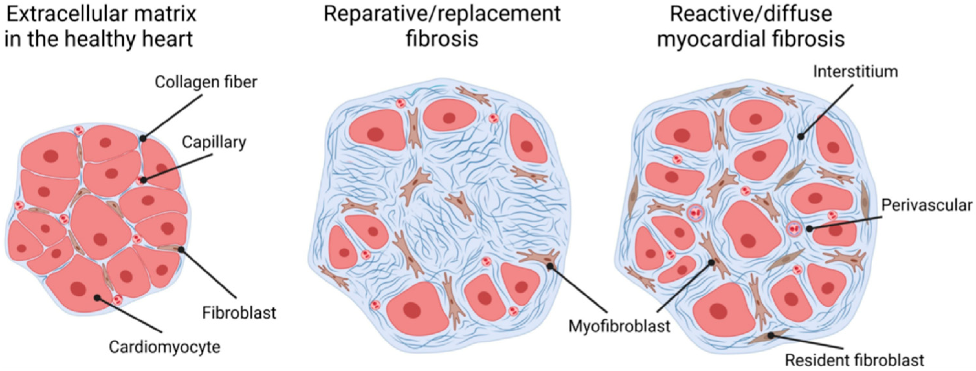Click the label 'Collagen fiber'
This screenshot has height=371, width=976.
coord(206,82)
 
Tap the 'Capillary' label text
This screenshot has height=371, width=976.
coord(214,142)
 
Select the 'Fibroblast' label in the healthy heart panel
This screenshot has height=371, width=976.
coord(239,313)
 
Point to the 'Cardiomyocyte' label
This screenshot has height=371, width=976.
coord(164,347)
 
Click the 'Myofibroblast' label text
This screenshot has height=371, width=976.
coord(619,326)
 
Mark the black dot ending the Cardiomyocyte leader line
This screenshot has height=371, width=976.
coord(97,298)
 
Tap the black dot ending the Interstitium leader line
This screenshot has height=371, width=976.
coord(800,136)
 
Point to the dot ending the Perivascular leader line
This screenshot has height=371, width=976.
coord(809,228)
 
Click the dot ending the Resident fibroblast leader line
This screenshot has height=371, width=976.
coord(771,336)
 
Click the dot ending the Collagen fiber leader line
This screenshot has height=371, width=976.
coord(143,139)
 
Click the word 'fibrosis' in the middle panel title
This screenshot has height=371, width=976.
coord(442,39)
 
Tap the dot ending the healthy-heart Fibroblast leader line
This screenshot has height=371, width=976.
coord(181,249)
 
